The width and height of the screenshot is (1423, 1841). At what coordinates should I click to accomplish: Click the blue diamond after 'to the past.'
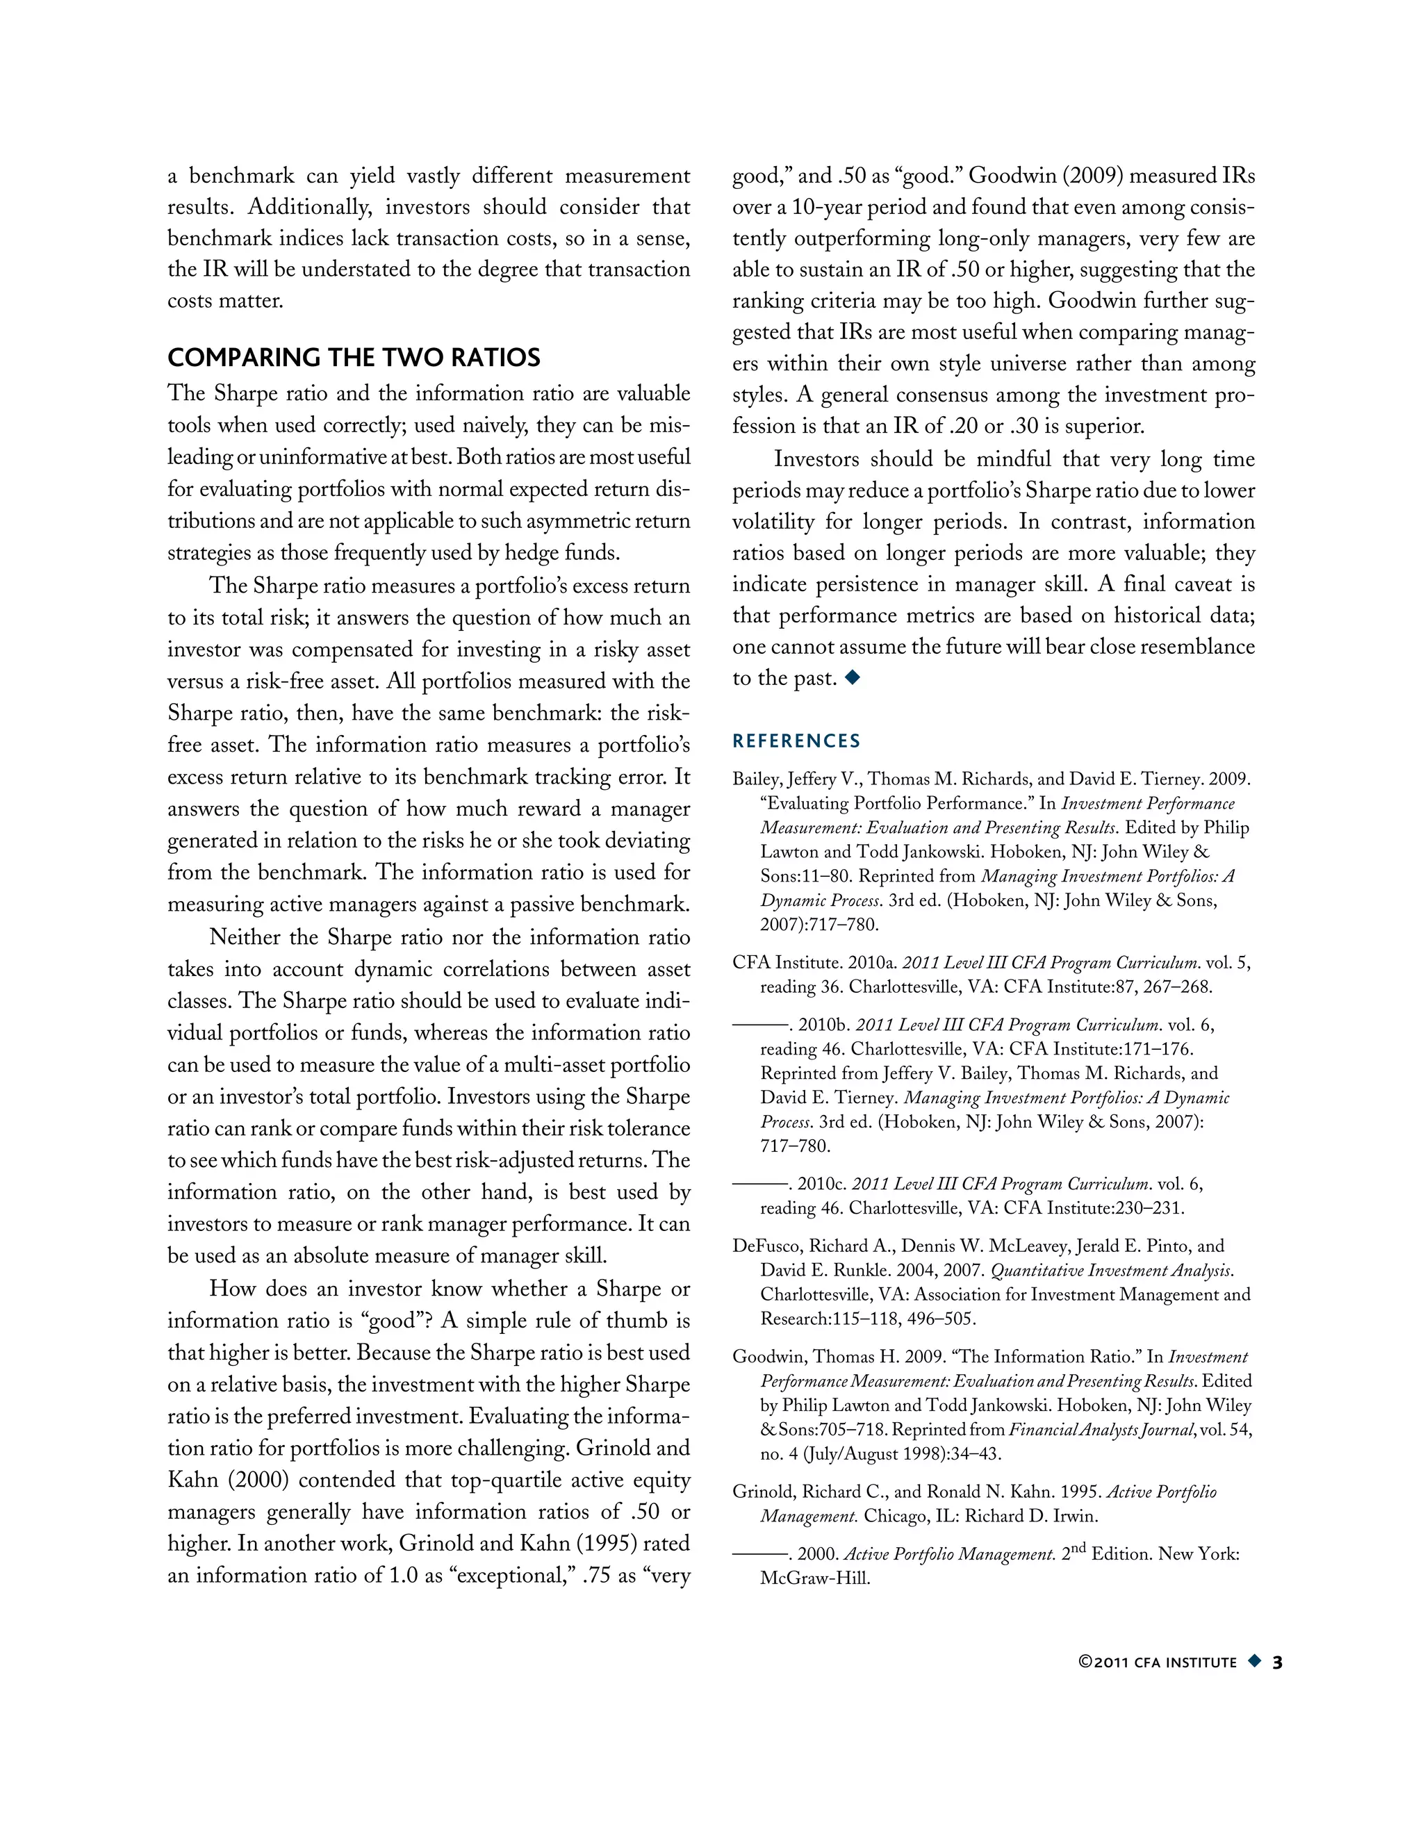tap(853, 677)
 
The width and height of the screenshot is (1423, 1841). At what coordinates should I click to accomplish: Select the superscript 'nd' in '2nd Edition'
tap(1078, 1548)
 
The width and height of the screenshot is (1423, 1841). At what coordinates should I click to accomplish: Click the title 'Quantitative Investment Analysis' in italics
tap(1111, 1271)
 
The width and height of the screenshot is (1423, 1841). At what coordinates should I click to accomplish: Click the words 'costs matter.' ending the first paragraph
tap(225, 301)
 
